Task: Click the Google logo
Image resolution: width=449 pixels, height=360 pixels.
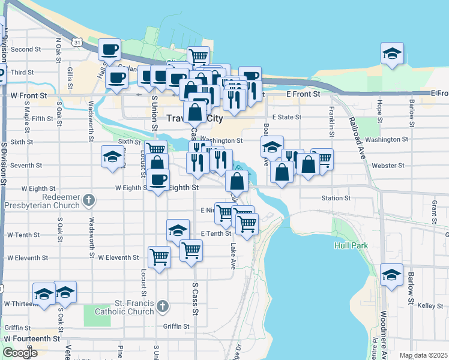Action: point(20,353)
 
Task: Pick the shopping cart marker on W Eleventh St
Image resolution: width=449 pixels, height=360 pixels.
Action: point(160,257)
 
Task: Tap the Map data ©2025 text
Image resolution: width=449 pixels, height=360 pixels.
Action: point(423,355)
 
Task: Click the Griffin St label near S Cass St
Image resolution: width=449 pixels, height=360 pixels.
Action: point(176,327)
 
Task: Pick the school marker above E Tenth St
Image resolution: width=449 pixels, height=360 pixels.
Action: point(178,230)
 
